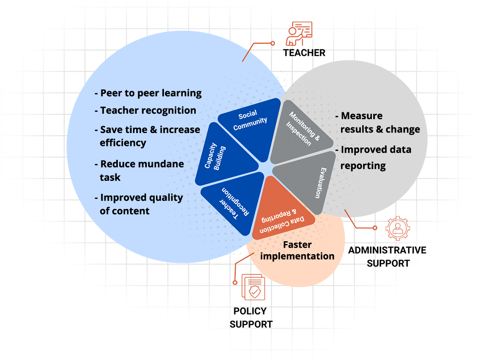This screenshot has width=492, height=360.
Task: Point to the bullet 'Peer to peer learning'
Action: click(x=148, y=93)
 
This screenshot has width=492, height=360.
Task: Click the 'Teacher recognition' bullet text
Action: click(x=145, y=110)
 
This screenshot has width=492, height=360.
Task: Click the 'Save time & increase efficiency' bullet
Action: click(x=148, y=136)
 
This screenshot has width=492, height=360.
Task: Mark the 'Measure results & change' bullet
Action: click(x=377, y=122)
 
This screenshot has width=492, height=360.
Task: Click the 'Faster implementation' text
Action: click(x=297, y=250)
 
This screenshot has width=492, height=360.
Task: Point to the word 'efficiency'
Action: click(x=123, y=143)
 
